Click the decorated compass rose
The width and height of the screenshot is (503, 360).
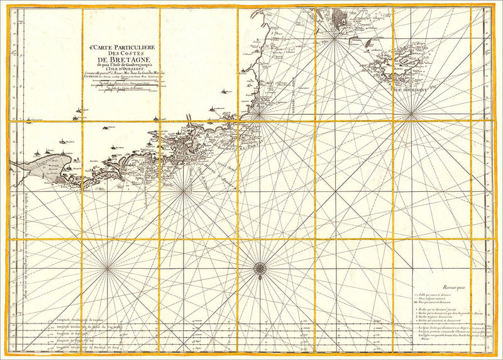[x=259, y=269]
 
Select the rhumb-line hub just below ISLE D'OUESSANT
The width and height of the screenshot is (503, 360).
[x=411, y=115]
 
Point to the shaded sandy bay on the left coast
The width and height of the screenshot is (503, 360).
[x=44, y=166]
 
